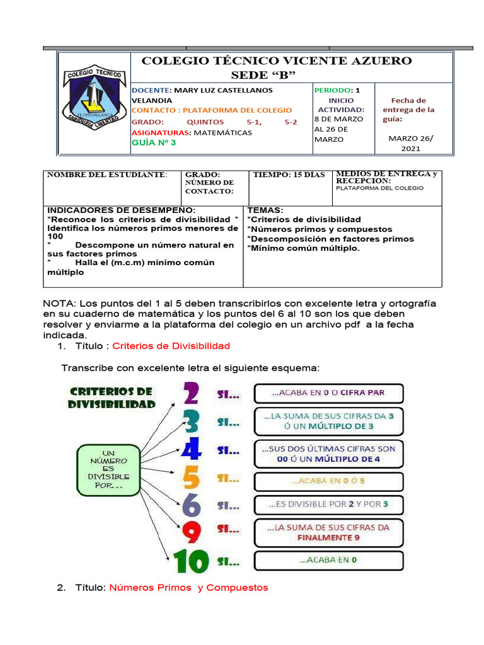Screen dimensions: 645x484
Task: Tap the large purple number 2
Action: [190, 394]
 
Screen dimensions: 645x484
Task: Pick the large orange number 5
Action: [192, 478]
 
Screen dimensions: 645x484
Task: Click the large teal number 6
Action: [192, 505]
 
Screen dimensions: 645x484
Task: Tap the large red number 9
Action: [192, 532]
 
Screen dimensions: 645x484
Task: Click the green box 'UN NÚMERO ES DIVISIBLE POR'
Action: [108, 469]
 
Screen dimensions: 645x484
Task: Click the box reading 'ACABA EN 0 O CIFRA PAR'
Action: [328, 393]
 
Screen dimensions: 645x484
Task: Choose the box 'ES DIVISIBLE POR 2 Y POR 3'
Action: [328, 504]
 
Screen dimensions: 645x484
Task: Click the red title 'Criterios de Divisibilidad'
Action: [171, 346]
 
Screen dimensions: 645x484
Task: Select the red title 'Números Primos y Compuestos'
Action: [188, 588]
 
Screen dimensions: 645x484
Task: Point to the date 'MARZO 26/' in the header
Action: [411, 138]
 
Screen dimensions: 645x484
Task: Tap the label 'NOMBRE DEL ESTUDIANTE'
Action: [108, 174]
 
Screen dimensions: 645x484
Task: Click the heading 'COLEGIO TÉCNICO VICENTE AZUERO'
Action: [277, 61]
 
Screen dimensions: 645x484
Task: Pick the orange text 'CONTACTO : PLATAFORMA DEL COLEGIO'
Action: [211, 110]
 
